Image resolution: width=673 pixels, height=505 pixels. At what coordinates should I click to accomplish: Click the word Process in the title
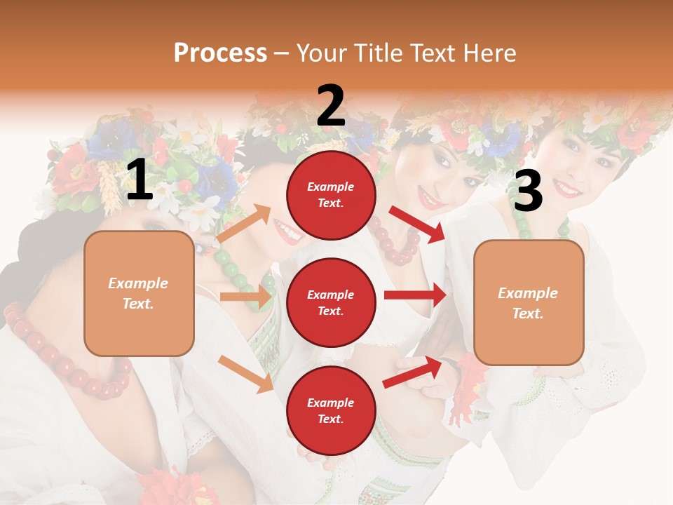pyautogui.click(x=220, y=53)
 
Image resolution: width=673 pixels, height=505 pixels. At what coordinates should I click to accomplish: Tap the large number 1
pyautogui.click(x=140, y=180)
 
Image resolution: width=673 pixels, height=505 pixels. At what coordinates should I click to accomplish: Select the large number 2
pyautogui.click(x=331, y=106)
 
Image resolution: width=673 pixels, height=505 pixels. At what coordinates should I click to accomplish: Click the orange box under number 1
pyautogui.click(x=139, y=293)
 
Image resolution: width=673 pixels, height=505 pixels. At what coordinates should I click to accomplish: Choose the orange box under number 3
pyautogui.click(x=529, y=302)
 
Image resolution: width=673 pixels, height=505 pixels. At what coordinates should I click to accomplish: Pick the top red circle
pyautogui.click(x=331, y=195)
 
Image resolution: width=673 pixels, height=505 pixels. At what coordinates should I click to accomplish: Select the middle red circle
pyautogui.click(x=331, y=302)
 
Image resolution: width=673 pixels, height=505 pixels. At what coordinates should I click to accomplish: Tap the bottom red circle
pyautogui.click(x=331, y=410)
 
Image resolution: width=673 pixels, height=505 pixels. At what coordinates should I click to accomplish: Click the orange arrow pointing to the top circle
pyautogui.click(x=244, y=224)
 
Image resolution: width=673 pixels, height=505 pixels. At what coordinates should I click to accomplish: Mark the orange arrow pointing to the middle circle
pyautogui.click(x=247, y=297)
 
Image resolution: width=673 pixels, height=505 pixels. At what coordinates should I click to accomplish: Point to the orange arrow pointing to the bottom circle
pyautogui.click(x=245, y=373)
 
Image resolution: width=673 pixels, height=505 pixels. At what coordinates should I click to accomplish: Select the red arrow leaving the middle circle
pyautogui.click(x=415, y=295)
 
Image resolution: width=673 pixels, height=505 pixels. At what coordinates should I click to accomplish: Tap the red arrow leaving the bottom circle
pyautogui.click(x=412, y=372)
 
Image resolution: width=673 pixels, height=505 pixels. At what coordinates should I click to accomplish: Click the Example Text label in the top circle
pyautogui.click(x=331, y=195)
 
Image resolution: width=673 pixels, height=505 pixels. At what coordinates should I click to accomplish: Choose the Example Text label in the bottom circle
pyautogui.click(x=331, y=410)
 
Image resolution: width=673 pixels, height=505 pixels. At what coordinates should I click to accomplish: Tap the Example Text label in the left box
pyautogui.click(x=138, y=293)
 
